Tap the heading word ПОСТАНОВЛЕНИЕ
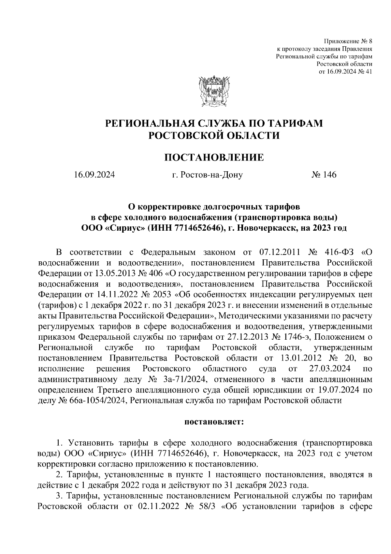[x=214, y=158]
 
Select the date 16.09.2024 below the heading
[x=94, y=175]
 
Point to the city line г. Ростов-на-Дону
[x=208, y=175]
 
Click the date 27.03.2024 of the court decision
[x=329, y=369]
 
